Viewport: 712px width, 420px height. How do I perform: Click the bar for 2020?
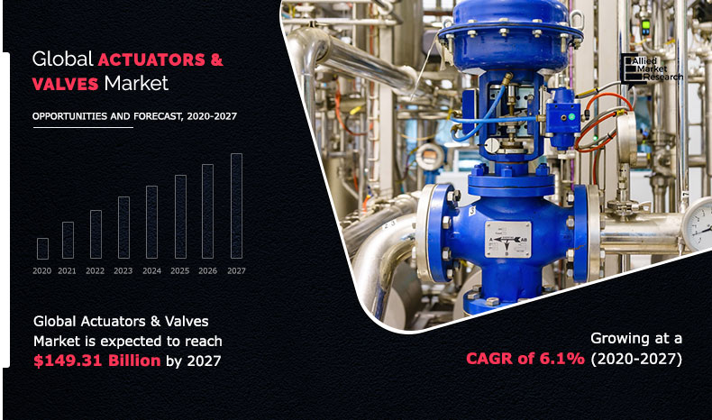42,249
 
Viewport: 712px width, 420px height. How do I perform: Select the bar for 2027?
236,206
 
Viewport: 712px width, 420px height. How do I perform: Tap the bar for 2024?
151,222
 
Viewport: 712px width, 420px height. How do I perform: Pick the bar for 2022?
96,234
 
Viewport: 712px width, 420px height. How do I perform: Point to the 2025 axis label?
180,270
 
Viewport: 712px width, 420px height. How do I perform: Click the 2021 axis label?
68,270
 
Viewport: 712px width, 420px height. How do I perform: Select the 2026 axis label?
207,270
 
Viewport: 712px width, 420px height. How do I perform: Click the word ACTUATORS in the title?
151,59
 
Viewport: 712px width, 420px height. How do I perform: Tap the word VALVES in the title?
66,84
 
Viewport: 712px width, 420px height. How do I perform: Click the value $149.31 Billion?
97,361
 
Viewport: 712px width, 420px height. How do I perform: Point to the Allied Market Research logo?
652,68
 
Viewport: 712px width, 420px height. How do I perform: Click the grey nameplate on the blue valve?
507,239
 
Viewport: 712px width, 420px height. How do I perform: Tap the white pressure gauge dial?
699,224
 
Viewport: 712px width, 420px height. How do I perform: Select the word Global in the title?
63,59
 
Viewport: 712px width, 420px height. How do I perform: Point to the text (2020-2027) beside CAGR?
636,359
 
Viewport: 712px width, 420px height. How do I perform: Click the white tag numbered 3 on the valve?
471,211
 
